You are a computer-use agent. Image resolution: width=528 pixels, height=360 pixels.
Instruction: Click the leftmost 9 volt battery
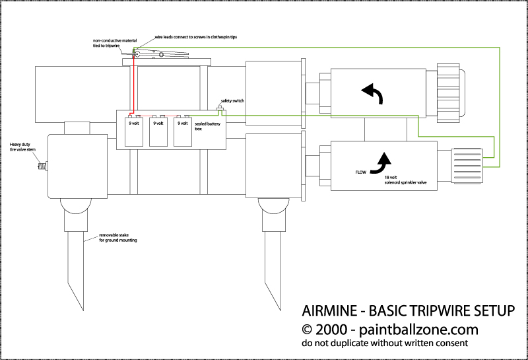pos(134,131)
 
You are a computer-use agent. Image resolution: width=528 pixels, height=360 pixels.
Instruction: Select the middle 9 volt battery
pos(158,131)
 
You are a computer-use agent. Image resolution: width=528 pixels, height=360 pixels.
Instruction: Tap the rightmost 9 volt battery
pos(182,131)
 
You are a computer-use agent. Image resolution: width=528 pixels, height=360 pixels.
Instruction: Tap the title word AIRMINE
pos(325,311)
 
